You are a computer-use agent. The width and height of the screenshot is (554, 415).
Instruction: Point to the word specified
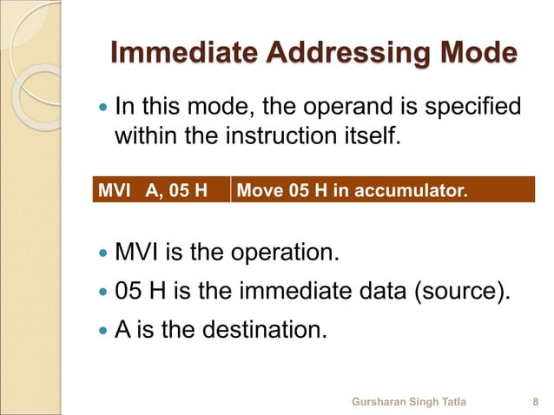pos(465,108)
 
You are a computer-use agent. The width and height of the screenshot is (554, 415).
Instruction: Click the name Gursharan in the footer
pos(379,402)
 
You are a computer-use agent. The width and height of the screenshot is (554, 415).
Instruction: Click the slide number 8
pos(534,402)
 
